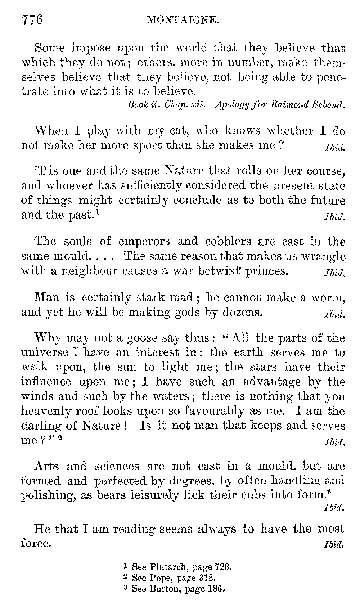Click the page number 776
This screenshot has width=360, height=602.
coord(32,20)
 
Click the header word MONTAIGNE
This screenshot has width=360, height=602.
coord(183,21)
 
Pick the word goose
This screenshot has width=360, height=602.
coord(151,338)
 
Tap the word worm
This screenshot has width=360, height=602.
coord(330,298)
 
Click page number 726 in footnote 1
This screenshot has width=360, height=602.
coord(222,567)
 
